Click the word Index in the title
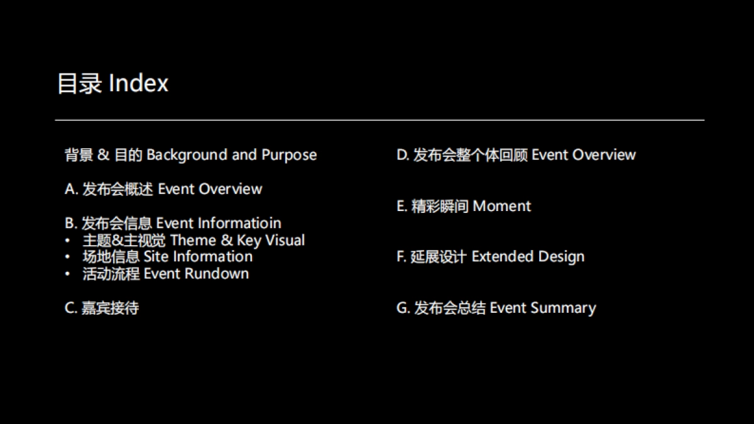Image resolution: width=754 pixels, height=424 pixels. coord(138,83)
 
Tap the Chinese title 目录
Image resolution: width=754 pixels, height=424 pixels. coord(79,83)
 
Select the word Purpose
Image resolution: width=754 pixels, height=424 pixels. coord(289,155)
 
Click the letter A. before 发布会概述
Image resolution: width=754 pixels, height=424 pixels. coord(72,189)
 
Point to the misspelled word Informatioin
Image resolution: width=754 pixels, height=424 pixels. coord(239,223)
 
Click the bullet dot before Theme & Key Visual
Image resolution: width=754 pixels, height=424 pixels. coord(68,240)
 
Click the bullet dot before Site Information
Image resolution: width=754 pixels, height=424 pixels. coord(68,257)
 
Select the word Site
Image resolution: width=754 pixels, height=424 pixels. coord(156,256)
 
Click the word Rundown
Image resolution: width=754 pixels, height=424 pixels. coord(217,274)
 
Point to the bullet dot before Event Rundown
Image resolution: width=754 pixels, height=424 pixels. coord(68,274)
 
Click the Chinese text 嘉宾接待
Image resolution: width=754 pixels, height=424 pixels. coord(110,308)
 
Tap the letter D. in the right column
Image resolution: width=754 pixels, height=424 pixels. coord(403,155)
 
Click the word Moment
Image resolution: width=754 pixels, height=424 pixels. coord(502,206)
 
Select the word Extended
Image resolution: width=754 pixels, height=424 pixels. coord(503,256)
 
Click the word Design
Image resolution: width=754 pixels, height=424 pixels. coord(562,257)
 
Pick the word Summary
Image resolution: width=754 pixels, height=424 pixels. coord(564,308)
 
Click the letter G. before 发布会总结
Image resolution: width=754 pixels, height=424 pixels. coord(403,308)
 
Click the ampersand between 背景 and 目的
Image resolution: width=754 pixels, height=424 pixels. coord(103,155)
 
